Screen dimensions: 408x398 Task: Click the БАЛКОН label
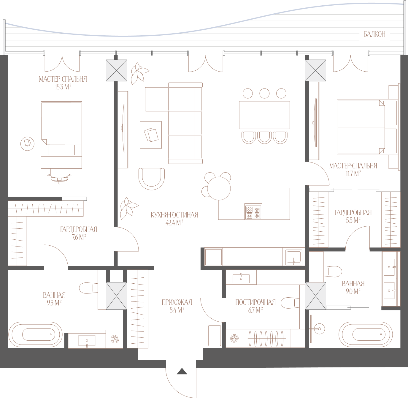pyautogui.click(x=374, y=34)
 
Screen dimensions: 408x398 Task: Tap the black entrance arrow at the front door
pyautogui.click(x=182, y=371)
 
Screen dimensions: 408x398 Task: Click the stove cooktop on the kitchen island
pyautogui.click(x=253, y=211)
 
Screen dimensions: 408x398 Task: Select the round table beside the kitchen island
pyautogui.click(x=219, y=188)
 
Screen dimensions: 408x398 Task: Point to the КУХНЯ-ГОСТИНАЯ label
pyautogui.click(x=174, y=215)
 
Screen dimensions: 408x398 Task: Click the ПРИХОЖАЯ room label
pyautogui.click(x=177, y=302)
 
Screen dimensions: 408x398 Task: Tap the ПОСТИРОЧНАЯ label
pyautogui.click(x=255, y=302)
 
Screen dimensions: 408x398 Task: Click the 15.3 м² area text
pyautogui.click(x=63, y=87)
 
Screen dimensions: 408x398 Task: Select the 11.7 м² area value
pyautogui.click(x=353, y=173)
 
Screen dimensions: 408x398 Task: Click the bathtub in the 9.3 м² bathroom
pyautogui.click(x=35, y=334)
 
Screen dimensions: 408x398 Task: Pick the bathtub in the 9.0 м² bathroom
pyautogui.click(x=366, y=334)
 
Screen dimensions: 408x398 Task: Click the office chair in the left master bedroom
pyautogui.click(x=60, y=176)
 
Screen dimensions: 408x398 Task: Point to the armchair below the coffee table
pyautogui.click(x=151, y=179)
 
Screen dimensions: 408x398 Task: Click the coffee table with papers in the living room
pyautogui.click(x=151, y=135)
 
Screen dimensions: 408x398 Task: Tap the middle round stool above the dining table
pyautogui.click(x=264, y=93)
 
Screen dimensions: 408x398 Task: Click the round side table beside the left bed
pyautogui.click(x=27, y=143)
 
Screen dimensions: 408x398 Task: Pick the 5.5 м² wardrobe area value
pyautogui.click(x=353, y=220)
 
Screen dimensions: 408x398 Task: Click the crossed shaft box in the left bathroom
pyautogui.click(x=116, y=296)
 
